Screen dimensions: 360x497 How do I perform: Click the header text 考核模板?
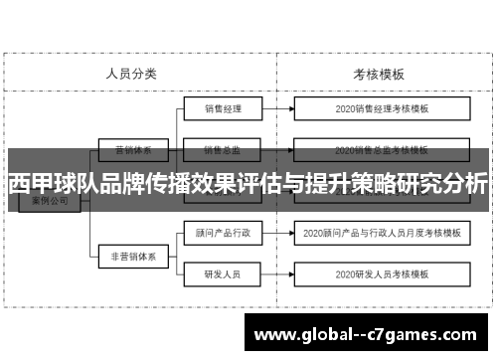pos(378,73)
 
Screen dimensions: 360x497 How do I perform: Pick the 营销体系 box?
pos(132,150)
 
